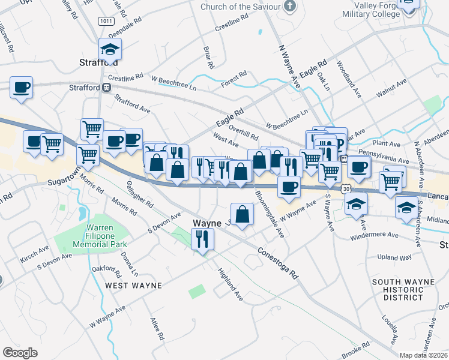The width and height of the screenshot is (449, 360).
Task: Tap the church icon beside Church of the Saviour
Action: (x=290, y=7)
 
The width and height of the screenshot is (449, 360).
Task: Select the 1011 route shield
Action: (x=107, y=21)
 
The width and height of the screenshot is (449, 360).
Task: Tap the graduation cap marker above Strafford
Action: (x=110, y=49)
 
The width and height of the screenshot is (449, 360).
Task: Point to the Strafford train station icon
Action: (x=106, y=88)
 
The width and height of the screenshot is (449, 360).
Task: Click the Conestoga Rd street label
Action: (x=279, y=263)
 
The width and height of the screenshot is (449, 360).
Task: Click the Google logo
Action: (x=20, y=353)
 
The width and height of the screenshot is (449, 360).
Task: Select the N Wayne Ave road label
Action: (x=289, y=66)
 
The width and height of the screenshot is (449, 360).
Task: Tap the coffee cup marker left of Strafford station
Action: (x=22, y=88)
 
